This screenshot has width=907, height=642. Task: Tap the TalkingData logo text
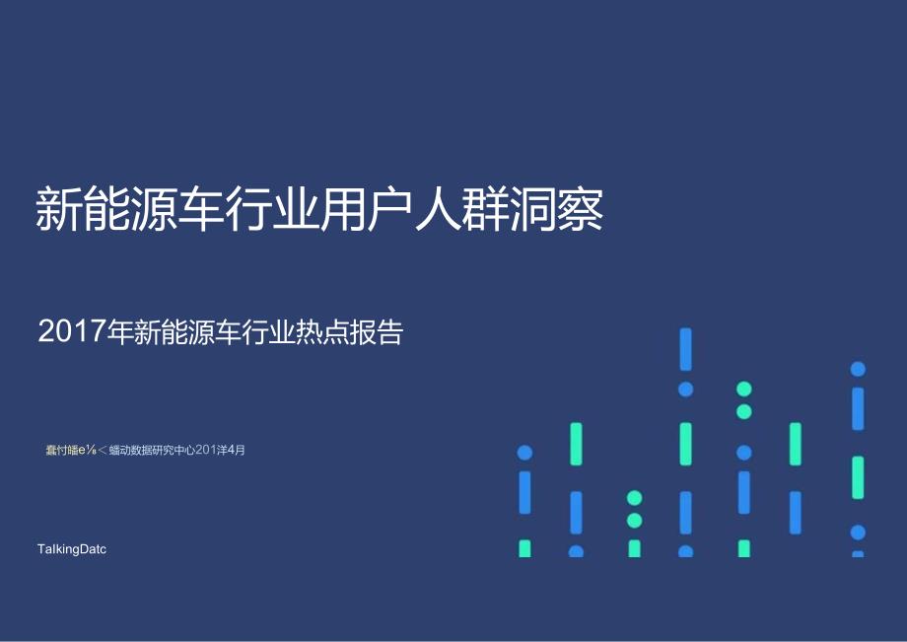[70, 549]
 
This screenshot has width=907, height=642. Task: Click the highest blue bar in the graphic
[686, 349]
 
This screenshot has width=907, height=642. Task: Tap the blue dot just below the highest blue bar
[686, 390]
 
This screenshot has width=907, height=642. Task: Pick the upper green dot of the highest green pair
[744, 390]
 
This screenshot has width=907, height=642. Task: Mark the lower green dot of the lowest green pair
[635, 521]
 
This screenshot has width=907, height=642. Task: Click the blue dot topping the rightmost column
[858, 369]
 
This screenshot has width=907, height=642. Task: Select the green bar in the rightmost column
[858, 477]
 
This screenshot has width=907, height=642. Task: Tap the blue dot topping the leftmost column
[524, 453]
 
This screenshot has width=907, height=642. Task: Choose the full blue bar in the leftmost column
[524, 492]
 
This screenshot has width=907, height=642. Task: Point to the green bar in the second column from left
[576, 444]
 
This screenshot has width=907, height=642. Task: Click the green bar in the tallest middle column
[686, 444]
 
